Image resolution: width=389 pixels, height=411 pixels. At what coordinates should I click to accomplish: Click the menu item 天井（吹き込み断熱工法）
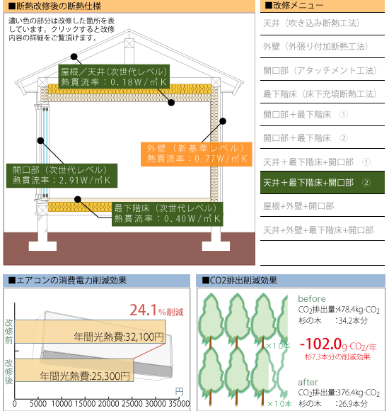pyautogui.click(x=311, y=23)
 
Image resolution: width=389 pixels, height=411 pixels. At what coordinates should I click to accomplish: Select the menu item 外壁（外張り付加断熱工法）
pyautogui.click(x=315, y=46)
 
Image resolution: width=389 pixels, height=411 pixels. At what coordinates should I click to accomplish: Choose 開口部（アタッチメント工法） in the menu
pyautogui.click(x=320, y=70)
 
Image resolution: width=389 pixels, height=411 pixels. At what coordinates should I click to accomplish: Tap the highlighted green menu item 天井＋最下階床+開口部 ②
pyautogui.click(x=323, y=183)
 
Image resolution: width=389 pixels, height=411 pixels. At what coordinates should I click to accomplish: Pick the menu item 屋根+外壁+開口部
pyautogui.click(x=298, y=206)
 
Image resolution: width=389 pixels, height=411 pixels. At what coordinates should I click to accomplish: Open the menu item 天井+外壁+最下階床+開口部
pyautogui.click(x=318, y=230)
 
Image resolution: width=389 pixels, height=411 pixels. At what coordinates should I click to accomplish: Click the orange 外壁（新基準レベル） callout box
pyautogui.click(x=196, y=154)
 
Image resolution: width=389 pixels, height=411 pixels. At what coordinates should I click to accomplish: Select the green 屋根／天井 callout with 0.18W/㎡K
pyautogui.click(x=114, y=77)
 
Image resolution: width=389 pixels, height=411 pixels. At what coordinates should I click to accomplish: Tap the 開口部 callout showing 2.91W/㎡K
pyautogui.click(x=62, y=176)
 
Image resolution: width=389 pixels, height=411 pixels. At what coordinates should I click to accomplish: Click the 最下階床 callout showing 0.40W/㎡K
pyautogui.click(x=168, y=214)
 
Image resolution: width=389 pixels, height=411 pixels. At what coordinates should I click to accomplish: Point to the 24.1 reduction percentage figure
pyautogui.click(x=143, y=310)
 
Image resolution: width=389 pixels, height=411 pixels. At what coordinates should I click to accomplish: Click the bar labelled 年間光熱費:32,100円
pyautogui.click(x=90, y=332)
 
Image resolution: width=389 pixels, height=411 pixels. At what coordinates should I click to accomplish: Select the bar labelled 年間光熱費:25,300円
pyautogui.click(x=74, y=370)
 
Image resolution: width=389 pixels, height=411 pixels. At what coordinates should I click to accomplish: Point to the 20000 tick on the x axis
pyautogui.click(x=108, y=404)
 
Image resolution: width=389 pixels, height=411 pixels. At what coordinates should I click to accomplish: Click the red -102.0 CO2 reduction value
pyautogui.click(x=320, y=344)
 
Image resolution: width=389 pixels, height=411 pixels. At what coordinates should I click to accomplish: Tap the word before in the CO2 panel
pyautogui.click(x=312, y=298)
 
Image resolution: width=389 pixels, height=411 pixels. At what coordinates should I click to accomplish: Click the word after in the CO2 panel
pyautogui.click(x=308, y=382)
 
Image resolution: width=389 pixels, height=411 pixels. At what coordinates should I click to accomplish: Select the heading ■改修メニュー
pyautogui.click(x=294, y=6)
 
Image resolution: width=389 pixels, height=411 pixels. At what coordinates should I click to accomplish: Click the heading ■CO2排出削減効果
pyautogui.click(x=239, y=281)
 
